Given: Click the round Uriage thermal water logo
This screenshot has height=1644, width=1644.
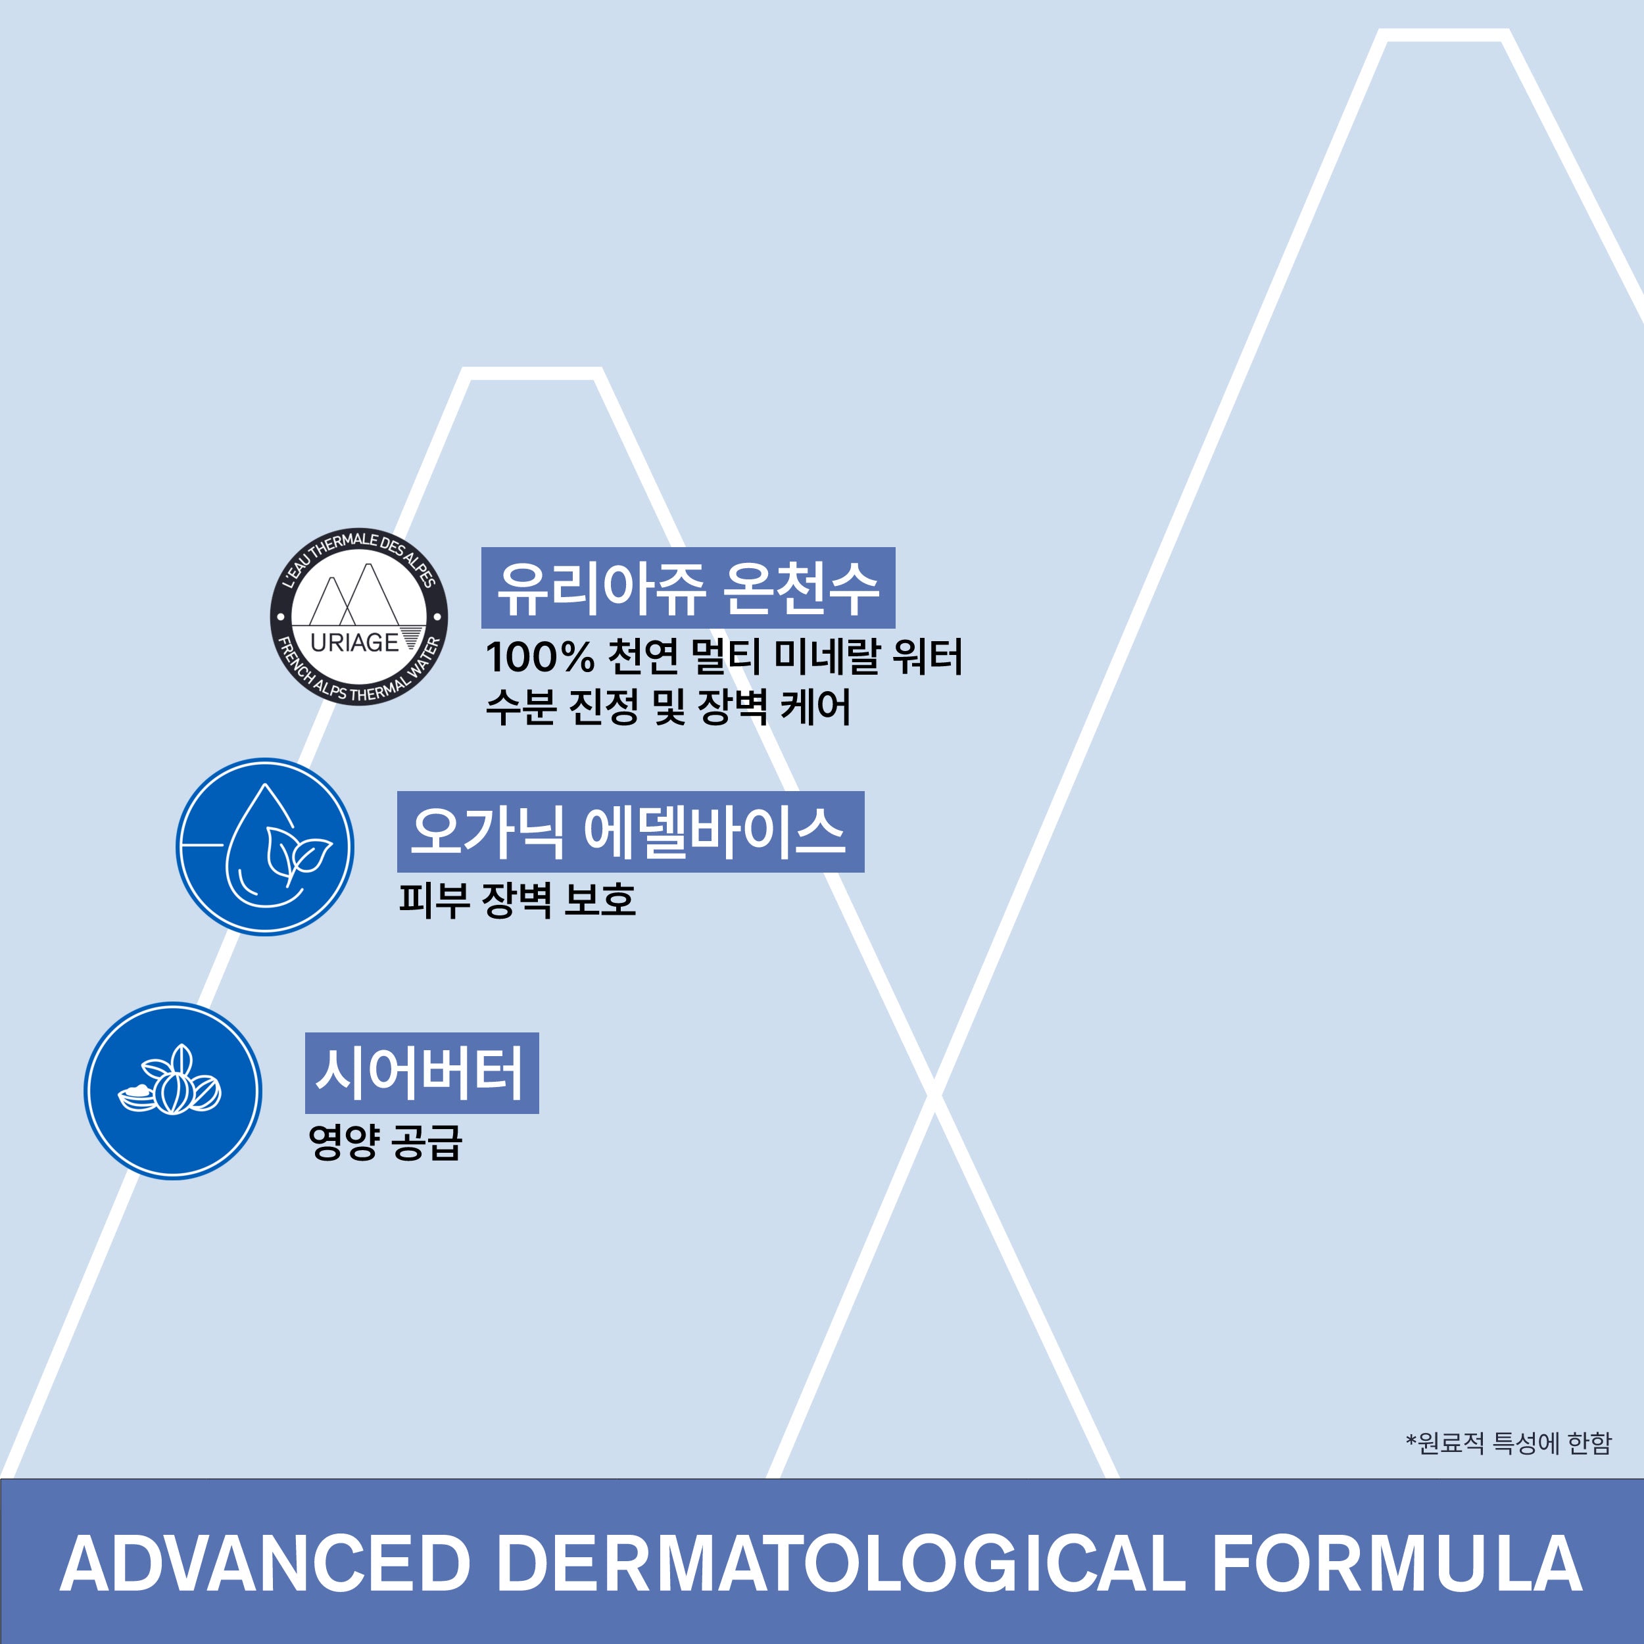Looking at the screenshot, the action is [359, 616].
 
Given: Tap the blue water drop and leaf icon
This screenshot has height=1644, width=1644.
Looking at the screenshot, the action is [264, 847].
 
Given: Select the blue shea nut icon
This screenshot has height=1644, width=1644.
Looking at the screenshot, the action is [173, 1090].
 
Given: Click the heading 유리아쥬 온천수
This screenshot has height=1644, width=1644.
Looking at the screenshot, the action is [688, 588].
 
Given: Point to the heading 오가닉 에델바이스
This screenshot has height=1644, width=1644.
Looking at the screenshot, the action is [631, 831].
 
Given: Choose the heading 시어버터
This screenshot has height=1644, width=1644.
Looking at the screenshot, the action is [422, 1073].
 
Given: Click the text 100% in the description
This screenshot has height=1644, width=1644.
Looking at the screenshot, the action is [539, 657].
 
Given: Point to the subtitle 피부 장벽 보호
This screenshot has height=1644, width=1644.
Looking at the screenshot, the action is [518, 900].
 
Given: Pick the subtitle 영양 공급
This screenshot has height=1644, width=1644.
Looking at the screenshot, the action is [385, 1142].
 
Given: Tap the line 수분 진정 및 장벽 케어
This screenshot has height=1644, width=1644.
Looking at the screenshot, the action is [668, 707].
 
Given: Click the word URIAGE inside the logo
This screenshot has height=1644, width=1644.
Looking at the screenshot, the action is [354, 642].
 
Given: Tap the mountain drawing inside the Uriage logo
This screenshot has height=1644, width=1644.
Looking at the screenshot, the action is [354, 595].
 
